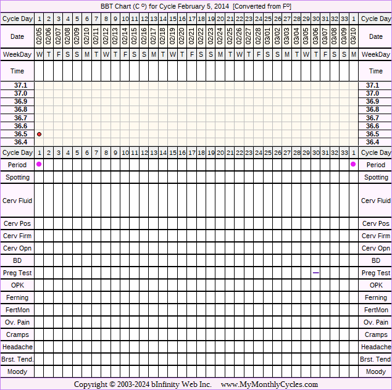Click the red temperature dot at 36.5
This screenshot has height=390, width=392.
40,134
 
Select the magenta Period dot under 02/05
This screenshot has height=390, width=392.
40,164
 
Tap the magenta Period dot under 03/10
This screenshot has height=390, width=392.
353,164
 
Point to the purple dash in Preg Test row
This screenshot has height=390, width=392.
315,273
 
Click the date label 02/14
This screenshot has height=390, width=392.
125,36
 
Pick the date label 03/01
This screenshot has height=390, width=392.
268,36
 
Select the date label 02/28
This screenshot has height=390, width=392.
258,36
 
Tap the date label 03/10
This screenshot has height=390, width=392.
353,36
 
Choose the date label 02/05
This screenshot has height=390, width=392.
40,36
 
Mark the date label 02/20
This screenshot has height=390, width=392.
182,36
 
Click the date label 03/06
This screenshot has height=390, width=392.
315,36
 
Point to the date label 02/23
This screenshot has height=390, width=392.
211,36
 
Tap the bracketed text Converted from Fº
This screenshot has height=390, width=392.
262,6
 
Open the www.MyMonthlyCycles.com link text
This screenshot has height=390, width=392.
269,384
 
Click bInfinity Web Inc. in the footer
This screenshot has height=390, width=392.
181,384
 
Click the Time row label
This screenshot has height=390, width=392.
17,71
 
